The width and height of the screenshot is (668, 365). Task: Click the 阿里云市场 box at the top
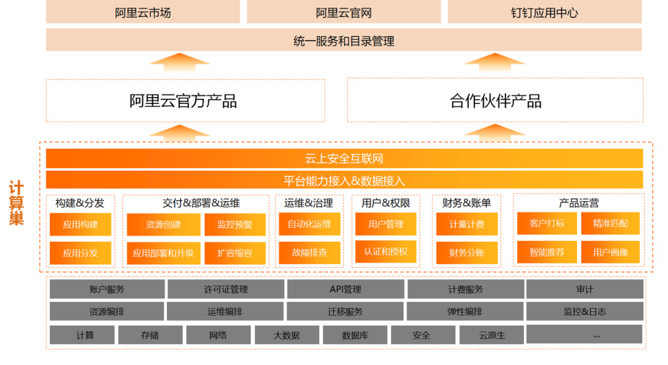tap(143, 12)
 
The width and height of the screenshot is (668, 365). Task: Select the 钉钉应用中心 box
tap(544, 12)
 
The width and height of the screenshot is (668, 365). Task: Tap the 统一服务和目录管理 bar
tap(343, 41)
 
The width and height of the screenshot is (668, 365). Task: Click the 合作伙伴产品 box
tap(495, 100)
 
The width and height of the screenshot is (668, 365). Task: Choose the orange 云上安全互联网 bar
tap(344, 158)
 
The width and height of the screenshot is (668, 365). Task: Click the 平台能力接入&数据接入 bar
tap(344, 180)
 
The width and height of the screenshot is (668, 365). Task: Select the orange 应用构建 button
tap(80, 225)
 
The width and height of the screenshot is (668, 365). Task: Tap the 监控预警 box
tap(235, 225)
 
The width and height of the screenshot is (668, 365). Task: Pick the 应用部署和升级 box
tap(163, 253)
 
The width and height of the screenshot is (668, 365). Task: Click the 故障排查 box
tap(309, 253)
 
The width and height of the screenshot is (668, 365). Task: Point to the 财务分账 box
tap(467, 253)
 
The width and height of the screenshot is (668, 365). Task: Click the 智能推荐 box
tap(547, 252)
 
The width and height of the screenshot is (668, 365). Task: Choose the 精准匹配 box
tap(610, 223)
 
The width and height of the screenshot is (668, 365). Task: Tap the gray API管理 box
tap(345, 289)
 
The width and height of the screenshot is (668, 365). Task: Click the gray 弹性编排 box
tap(465, 311)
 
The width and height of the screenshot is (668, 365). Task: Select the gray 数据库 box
tap(355, 335)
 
